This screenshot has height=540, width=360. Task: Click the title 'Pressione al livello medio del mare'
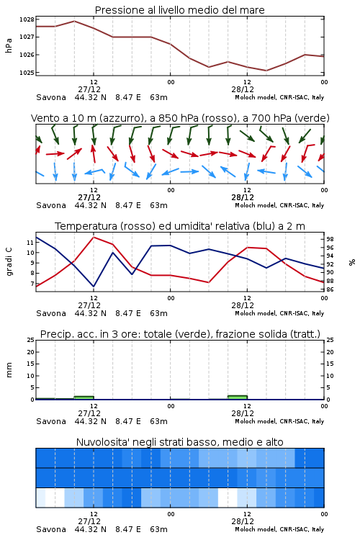(179, 10)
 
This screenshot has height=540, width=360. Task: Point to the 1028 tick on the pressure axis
(27, 19)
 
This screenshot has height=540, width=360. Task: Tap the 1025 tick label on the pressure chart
(27, 73)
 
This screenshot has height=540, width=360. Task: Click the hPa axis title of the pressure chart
(9, 45)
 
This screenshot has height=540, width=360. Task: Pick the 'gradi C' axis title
(9, 262)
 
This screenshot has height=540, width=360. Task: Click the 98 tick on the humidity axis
(330, 239)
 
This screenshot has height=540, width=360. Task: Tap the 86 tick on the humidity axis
(330, 289)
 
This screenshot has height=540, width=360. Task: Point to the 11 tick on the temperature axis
(30, 243)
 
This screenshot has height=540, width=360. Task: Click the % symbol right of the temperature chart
(352, 262)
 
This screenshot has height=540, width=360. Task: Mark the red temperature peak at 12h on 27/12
(94, 237)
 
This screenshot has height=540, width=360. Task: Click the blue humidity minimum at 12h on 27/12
(94, 287)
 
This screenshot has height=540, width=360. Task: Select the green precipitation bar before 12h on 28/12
(238, 397)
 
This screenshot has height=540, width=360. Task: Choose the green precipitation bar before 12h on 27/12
(84, 397)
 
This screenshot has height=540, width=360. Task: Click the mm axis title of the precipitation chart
(9, 370)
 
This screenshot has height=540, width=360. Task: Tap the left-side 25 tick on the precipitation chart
(31, 340)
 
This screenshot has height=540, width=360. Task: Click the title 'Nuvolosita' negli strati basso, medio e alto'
(179, 442)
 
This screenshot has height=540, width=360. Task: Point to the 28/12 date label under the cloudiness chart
(243, 521)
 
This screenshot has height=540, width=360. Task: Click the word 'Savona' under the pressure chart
(51, 97)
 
